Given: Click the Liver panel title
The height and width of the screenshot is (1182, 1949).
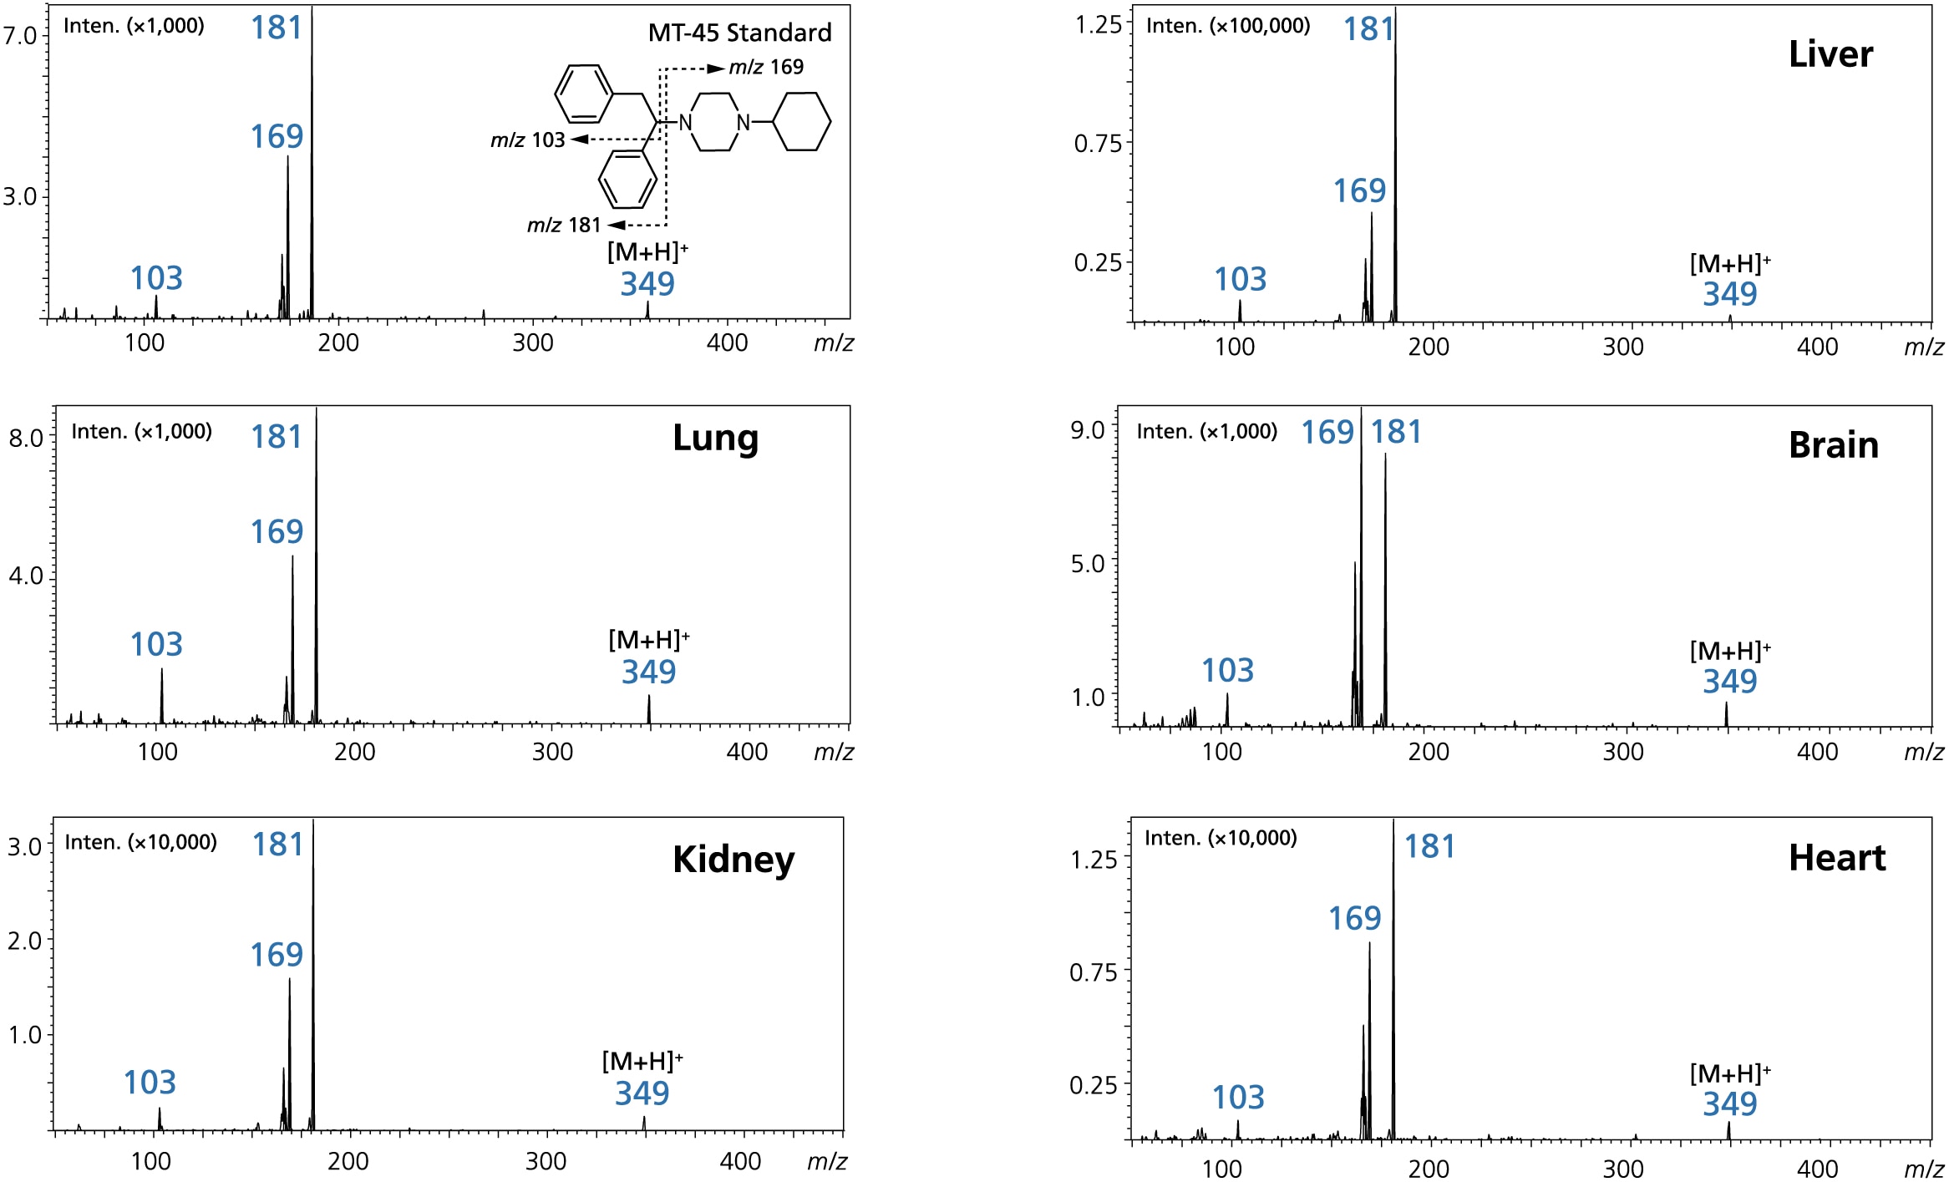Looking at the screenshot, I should point(1830,55).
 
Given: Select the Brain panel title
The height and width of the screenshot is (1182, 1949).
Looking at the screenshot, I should point(1833,445).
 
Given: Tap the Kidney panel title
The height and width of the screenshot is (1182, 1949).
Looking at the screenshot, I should point(733,860).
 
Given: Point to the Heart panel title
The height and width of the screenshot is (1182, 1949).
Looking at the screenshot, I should point(1836,858).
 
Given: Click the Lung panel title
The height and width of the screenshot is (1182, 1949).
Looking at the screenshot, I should point(715,439).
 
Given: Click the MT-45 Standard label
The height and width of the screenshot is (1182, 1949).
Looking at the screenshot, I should point(739,33).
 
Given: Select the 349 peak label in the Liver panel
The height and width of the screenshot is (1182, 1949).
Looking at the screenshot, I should point(1729,294).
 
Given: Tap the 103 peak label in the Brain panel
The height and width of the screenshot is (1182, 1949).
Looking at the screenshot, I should point(1227,670).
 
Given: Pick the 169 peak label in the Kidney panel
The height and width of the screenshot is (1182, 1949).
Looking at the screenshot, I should point(277,955).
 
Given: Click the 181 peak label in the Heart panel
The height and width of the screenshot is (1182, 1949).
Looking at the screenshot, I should point(1429,846).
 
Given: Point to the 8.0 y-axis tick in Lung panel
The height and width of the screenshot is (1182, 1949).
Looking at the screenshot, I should point(26,438).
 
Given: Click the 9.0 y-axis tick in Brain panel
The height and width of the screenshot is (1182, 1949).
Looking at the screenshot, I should point(1088,430).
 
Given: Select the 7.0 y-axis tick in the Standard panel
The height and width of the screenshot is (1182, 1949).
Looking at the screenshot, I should point(19,35).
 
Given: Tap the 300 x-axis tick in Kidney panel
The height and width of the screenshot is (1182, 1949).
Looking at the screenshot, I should point(546,1161).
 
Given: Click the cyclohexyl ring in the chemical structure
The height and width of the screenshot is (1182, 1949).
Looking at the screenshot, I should point(802,122).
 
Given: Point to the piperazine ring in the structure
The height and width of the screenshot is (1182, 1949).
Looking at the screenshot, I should point(714,122).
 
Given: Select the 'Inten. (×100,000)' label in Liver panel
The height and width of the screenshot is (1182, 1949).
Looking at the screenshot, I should point(1227,26).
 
